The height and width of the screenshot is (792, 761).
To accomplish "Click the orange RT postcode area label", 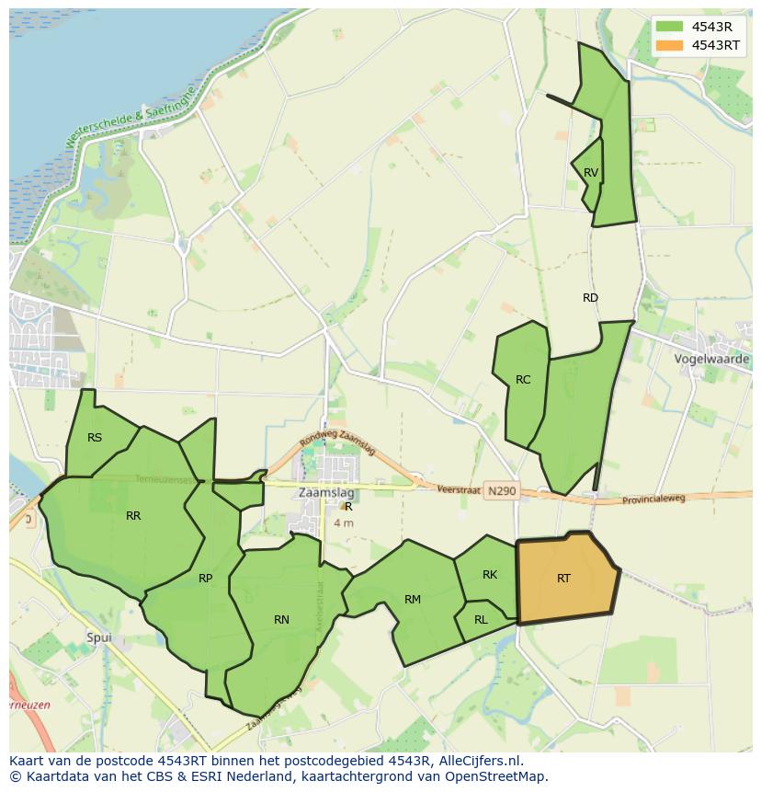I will pyautogui.click(x=563, y=579).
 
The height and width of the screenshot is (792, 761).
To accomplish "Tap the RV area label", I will pyautogui.click(x=591, y=173).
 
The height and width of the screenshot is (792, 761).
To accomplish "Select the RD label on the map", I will pyautogui.click(x=590, y=298).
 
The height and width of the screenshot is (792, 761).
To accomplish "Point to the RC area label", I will pyautogui.click(x=523, y=380).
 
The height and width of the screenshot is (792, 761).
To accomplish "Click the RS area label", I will pyautogui.click(x=95, y=438).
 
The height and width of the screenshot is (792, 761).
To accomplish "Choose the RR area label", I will pyautogui.click(x=133, y=516).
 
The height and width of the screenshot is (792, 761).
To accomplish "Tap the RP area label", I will pyautogui.click(x=205, y=579).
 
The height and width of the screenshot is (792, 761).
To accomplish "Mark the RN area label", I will pyautogui.click(x=281, y=620).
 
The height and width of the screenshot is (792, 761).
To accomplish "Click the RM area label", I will pyautogui.click(x=413, y=600).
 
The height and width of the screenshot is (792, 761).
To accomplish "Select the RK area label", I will pyautogui.click(x=490, y=575).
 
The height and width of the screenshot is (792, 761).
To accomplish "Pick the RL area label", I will pyautogui.click(x=481, y=620).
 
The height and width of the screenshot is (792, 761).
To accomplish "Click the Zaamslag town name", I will pyautogui.click(x=326, y=493).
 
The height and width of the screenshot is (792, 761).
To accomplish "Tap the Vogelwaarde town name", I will pyautogui.click(x=711, y=359).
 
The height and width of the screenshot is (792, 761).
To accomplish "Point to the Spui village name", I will pyautogui.click(x=98, y=637).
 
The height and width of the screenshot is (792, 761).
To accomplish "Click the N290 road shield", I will pyautogui.click(x=502, y=491).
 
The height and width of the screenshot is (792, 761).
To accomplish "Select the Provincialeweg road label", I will pyautogui.click(x=654, y=498).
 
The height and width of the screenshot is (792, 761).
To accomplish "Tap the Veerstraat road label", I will pyautogui.click(x=460, y=490).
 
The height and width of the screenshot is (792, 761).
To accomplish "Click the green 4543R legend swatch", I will pyautogui.click(x=670, y=26).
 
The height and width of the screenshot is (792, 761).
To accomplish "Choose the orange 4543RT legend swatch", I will pyautogui.click(x=670, y=45).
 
